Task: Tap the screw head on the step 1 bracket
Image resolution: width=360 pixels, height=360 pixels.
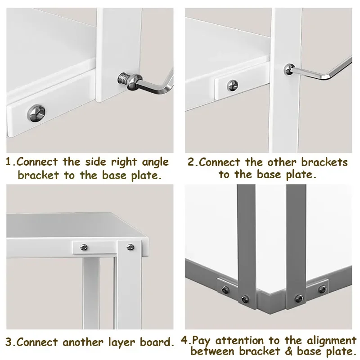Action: click(36, 113)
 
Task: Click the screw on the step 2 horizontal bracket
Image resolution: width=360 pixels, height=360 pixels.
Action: click(233, 85)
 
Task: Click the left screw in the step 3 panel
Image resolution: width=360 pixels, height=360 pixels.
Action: click(84, 247)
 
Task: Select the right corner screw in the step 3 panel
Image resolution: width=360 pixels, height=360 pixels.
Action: click(130, 247)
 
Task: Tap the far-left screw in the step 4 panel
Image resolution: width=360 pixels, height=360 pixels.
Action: click(225, 290)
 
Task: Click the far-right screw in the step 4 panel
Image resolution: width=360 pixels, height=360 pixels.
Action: click(323, 289)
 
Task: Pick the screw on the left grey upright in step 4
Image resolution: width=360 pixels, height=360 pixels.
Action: click(245, 299)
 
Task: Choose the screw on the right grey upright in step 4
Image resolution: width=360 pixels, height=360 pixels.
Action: click(299, 298)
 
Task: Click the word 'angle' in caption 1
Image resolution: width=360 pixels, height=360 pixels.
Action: click(155, 163)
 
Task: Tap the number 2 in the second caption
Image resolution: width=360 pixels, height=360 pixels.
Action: click(191, 162)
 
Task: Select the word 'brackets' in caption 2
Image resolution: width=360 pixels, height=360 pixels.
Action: click(324, 162)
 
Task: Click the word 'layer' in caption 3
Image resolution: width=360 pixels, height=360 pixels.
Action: click(121, 343)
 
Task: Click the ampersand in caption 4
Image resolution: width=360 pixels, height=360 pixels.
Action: click(288, 351)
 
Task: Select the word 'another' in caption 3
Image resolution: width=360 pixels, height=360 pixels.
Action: click(83, 342)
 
